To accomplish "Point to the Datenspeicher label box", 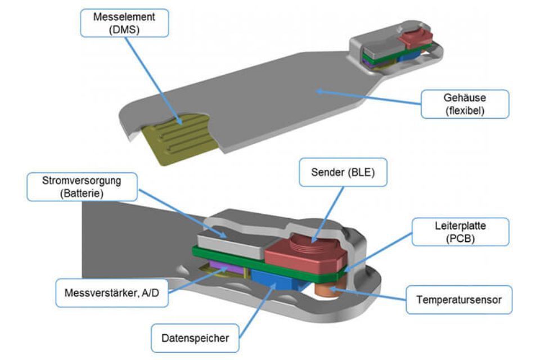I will [195, 338].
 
